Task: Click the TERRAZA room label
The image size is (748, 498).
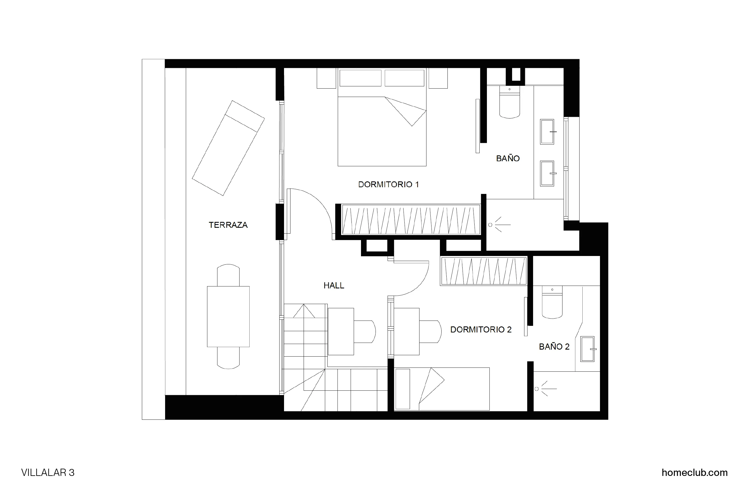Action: pyautogui.click(x=228, y=225)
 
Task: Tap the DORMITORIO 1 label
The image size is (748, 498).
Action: pyautogui.click(x=388, y=184)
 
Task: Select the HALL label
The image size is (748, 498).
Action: pyautogui.click(x=334, y=286)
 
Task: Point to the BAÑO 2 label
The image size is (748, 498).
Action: pyautogui.click(x=554, y=347)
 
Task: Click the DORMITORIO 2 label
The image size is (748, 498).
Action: pyautogui.click(x=480, y=330)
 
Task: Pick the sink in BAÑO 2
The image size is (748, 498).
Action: pyautogui.click(x=587, y=349)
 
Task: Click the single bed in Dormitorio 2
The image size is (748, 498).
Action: pyautogui.click(x=442, y=389)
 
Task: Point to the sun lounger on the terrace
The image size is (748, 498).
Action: pyautogui.click(x=228, y=148)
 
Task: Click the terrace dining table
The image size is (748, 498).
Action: pyautogui.click(x=228, y=316)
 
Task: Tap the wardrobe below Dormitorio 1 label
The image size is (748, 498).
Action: pyautogui.click(x=411, y=220)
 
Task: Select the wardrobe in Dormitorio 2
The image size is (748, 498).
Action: pyautogui.click(x=483, y=271)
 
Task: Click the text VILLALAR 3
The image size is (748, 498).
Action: pyautogui.click(x=48, y=473)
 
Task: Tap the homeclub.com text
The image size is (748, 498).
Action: pyautogui.click(x=694, y=473)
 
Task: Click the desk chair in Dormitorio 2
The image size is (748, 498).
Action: pyautogui.click(x=430, y=331)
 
